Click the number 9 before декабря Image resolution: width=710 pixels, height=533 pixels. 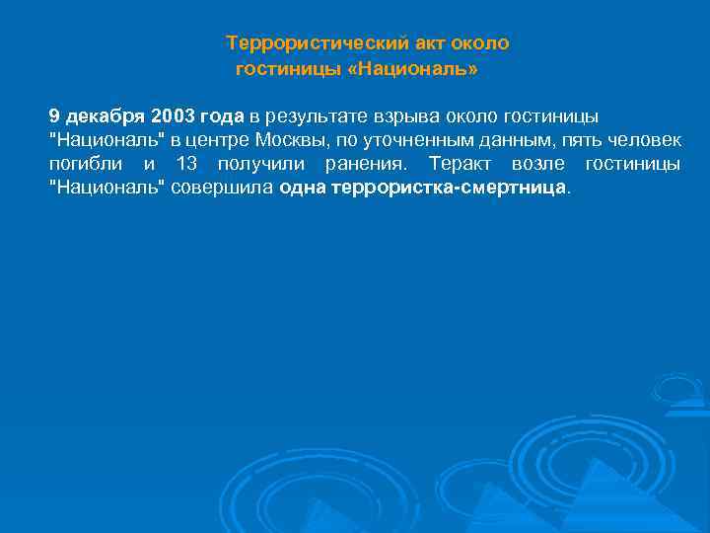click(x=55, y=116)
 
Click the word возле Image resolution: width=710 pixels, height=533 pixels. click(x=538, y=164)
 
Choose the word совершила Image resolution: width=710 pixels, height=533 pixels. click(x=223, y=188)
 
